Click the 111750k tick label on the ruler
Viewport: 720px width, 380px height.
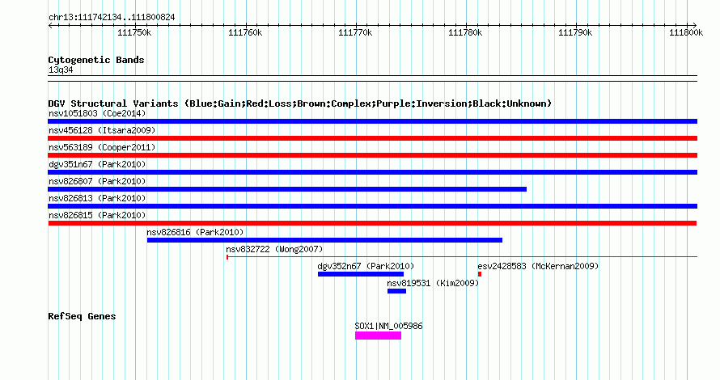[134, 32]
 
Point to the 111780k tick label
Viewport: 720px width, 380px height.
[466, 32]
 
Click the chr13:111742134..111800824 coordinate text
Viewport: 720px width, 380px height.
[112, 17]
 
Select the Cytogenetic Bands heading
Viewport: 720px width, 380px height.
[96, 60]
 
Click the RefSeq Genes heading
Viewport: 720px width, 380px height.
[82, 316]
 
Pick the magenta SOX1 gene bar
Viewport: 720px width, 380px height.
[378, 336]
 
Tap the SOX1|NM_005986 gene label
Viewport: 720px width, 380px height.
[388, 327]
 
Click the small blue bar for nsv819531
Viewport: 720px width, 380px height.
[396, 291]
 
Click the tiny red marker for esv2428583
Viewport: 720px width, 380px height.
[480, 274]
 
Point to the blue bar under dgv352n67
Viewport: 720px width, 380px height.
[360, 274]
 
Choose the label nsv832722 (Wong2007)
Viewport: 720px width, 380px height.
[274, 249]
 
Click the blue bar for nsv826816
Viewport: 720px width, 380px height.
[324, 240]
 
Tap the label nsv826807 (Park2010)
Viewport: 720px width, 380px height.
[97, 181]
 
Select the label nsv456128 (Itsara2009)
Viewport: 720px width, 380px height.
[102, 130]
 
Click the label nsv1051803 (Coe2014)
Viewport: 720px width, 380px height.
[97, 113]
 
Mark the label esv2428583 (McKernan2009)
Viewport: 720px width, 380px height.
[537, 266]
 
